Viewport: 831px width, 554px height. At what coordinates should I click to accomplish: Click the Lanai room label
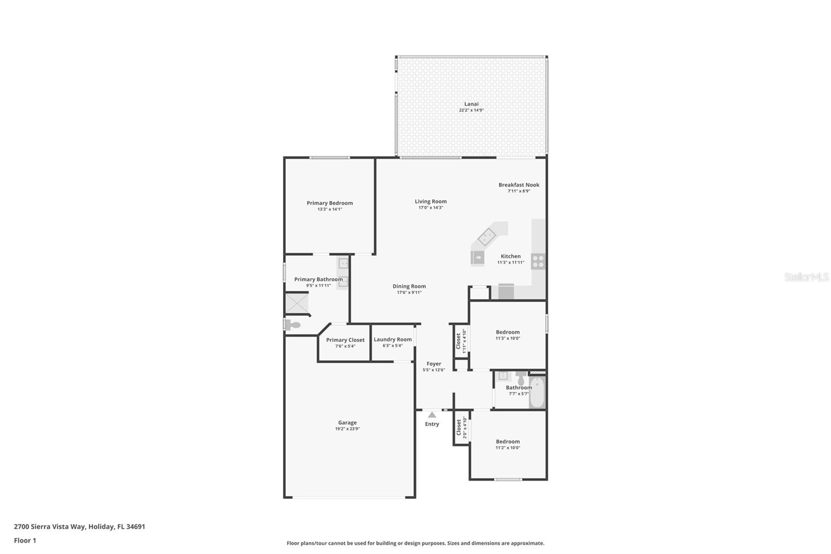(471, 104)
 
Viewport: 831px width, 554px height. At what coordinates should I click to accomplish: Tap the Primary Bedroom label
(329, 203)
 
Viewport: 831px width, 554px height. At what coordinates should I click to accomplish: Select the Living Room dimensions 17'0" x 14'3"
(431, 208)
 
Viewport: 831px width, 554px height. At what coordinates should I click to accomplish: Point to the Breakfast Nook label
(519, 185)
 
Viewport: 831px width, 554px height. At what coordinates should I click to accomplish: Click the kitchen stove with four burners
(538, 261)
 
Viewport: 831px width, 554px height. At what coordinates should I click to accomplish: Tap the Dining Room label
(409, 286)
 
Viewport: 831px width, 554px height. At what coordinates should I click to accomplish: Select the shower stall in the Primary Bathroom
(297, 304)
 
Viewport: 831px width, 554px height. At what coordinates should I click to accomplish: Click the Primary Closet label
(345, 340)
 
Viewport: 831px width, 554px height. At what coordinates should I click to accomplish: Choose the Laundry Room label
(393, 339)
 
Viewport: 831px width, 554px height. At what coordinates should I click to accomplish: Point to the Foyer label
(434, 364)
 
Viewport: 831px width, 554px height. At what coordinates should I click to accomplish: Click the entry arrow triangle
(432, 415)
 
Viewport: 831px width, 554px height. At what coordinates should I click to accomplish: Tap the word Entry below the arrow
(432, 424)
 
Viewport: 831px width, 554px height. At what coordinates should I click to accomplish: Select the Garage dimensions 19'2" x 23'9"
(347, 429)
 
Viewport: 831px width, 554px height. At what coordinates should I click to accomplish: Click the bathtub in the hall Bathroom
(537, 393)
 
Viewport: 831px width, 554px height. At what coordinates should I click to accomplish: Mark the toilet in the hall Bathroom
(520, 379)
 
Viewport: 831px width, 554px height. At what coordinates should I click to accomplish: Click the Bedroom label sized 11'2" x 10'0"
(507, 442)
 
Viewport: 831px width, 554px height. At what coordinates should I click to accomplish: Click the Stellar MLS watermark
(806, 278)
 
